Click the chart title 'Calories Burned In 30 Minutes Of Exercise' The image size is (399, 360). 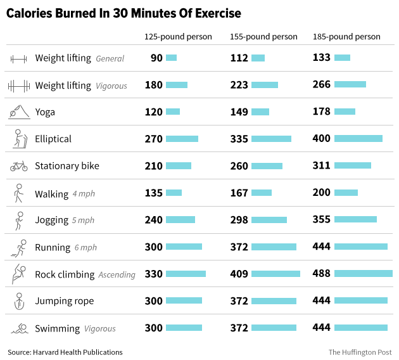click(x=123, y=13)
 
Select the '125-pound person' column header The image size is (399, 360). click(x=178, y=37)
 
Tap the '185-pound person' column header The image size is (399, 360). click(x=346, y=37)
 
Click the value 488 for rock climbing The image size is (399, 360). click(x=322, y=274)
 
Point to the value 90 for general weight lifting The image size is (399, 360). click(x=156, y=58)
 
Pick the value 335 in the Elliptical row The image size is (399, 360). click(x=239, y=139)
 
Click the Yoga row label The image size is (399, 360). click(x=45, y=112)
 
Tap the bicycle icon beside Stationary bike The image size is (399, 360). click(x=18, y=166)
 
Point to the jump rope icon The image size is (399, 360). click(x=18, y=301)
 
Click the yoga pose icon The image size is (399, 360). click(x=18, y=112)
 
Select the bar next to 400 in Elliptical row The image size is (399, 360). click(x=358, y=139)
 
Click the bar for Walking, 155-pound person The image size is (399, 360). click(x=261, y=193)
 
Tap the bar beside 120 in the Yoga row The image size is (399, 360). click(x=173, y=112)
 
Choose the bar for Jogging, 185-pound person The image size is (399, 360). click(x=355, y=220)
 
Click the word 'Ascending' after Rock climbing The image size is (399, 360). click(x=117, y=275)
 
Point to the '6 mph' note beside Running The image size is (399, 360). click(x=85, y=248)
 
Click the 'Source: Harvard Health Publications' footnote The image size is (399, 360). click(x=65, y=352)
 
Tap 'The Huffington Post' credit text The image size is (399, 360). click(x=360, y=352)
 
